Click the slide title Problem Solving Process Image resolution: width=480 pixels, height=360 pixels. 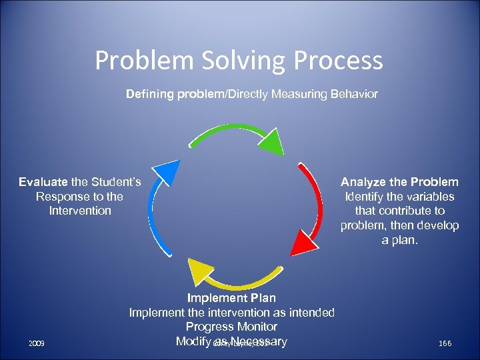point(239,61)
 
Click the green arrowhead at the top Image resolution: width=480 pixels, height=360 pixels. point(269,141)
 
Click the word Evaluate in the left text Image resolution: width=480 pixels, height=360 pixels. point(43,182)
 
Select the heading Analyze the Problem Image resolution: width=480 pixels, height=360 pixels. point(399,182)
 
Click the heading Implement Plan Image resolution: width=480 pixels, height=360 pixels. point(231,298)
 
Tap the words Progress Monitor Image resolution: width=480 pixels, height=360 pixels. point(231,327)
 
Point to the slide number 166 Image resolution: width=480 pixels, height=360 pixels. point(445,343)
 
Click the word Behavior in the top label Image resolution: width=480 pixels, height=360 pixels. point(353,94)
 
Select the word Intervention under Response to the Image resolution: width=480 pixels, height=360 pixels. point(80,211)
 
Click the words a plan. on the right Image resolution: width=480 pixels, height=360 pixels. point(399,240)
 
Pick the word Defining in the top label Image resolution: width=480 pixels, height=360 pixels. point(150,94)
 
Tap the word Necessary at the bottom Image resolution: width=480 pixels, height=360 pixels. point(257,342)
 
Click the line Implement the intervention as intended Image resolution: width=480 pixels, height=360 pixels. point(231,313)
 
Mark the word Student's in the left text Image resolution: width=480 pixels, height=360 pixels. point(115,182)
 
